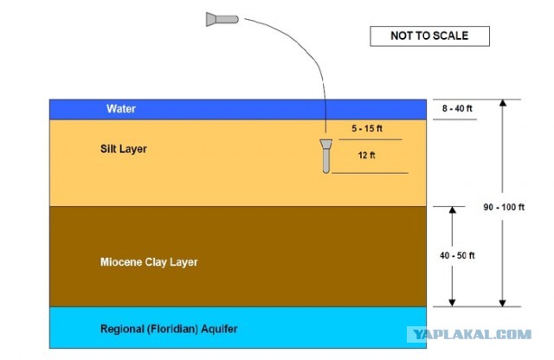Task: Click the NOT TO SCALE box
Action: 429,36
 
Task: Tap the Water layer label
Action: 121,108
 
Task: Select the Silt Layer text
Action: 123,149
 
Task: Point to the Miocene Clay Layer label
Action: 149,262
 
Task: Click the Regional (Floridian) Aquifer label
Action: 169,329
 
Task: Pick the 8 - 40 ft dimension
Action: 457,108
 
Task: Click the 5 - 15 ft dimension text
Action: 367,128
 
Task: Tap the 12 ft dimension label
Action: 366,155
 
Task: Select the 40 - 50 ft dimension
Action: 457,255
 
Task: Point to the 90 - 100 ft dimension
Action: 504,207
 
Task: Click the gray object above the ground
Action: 222,19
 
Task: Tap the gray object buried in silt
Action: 325,156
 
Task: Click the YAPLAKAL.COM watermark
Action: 472,334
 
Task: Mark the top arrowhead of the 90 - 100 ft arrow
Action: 503,102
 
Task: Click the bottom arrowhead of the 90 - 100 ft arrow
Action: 502,304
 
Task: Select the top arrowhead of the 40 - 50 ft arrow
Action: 452,209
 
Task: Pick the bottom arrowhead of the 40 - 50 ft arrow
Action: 452,303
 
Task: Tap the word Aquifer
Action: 219,329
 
